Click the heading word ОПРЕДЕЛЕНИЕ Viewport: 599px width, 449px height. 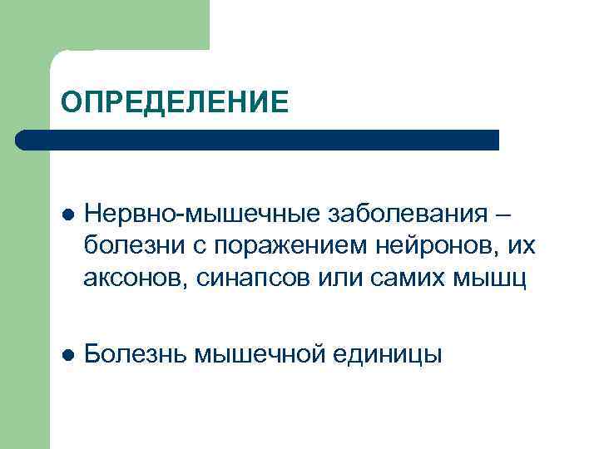pos(175,102)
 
